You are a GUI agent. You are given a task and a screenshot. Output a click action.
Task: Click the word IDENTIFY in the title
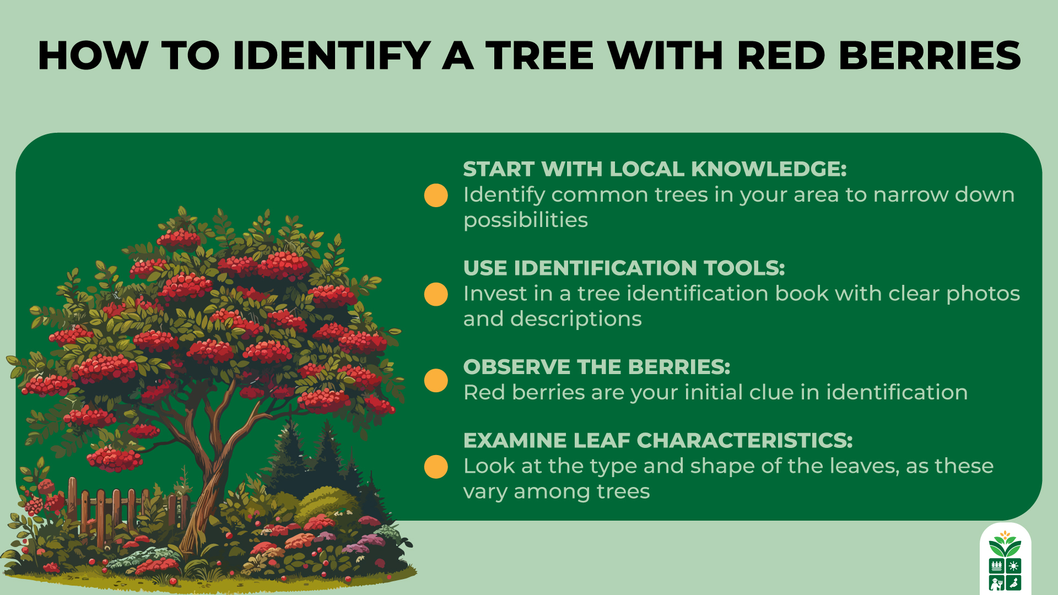coord(331,56)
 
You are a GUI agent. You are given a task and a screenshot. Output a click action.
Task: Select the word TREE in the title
coord(539,56)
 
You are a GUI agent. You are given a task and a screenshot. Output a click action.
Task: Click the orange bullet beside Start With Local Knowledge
coord(436,196)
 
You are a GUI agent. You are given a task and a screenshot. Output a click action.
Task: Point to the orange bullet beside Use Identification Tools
coord(436,294)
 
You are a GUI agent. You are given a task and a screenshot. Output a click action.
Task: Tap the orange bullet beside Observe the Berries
coord(436,381)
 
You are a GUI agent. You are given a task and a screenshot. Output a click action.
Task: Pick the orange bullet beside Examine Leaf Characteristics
coord(436,467)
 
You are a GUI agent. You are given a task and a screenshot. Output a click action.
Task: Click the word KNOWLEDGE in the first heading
coord(768,169)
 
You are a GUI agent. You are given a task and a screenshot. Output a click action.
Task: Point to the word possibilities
coord(526,220)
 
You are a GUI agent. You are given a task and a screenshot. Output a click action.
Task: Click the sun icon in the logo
coord(1014,566)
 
